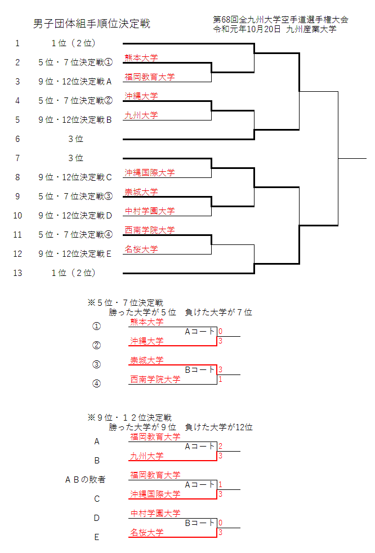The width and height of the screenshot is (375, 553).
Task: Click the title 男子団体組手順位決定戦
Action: click(92, 24)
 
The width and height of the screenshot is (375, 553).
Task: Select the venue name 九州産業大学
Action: click(311, 29)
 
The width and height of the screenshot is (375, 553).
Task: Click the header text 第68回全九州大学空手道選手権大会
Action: click(280, 20)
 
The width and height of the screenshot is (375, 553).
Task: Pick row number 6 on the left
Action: click(17, 139)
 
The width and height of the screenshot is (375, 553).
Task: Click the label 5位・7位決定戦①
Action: click(75, 62)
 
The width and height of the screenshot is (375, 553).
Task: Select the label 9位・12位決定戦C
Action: click(75, 177)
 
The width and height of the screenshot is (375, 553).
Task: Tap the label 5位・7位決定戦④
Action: click(75, 234)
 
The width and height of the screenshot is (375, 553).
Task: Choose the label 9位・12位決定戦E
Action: click(75, 253)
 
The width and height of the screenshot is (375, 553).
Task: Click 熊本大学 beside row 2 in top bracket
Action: click(141, 57)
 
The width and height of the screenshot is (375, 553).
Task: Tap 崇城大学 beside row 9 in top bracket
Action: click(141, 191)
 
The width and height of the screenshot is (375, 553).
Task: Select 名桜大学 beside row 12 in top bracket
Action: click(141, 249)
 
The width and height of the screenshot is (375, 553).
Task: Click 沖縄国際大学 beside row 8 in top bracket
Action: click(149, 172)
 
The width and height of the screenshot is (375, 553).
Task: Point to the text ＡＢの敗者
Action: click(86, 480)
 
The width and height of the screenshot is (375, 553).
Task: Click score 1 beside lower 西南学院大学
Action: click(220, 380)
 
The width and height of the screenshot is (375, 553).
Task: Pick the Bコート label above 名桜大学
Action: click(200, 523)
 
